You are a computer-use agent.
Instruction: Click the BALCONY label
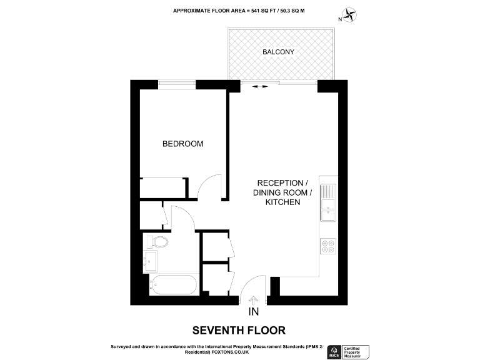click(x=279, y=52)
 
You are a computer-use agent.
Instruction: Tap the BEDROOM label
click(x=182, y=144)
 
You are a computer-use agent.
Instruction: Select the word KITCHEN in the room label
click(x=282, y=202)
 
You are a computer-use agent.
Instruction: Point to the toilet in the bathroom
click(x=157, y=242)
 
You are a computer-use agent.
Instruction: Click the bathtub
click(x=172, y=284)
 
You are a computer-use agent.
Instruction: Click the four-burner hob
click(x=327, y=248)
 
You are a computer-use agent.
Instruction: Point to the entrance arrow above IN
click(x=253, y=301)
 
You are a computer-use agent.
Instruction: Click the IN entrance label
click(x=253, y=312)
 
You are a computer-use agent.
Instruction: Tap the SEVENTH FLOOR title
click(x=239, y=329)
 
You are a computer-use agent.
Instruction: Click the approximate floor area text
click(x=239, y=11)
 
